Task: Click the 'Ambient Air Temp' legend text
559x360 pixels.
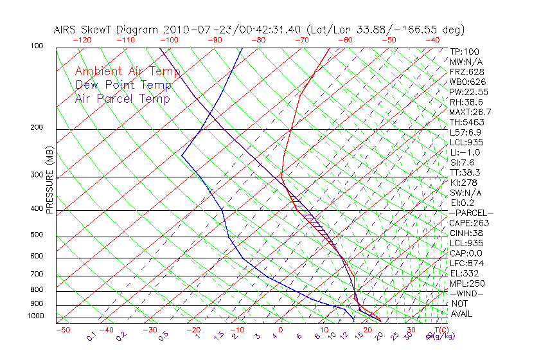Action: pos(127,71)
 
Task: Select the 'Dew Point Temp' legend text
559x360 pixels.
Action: pos(123,85)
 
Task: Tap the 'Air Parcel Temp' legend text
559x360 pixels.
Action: pos(122,98)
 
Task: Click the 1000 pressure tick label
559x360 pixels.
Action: pos(37,316)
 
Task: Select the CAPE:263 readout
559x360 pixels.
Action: pos(468,223)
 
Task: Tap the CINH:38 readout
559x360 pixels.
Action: pos(466,233)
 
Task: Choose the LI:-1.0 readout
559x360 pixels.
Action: pos(465,152)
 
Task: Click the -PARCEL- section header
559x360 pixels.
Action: pos(471,213)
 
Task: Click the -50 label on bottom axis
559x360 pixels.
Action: pos(62,330)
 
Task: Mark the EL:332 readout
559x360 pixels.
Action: pos(464,273)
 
